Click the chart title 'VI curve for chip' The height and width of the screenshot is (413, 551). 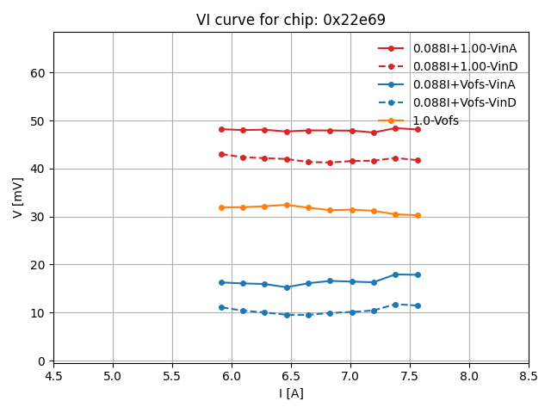[290, 20]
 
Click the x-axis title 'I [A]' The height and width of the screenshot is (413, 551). [291, 393]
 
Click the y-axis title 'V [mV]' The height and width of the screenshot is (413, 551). [18, 197]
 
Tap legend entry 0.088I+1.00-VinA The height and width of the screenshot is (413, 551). [464, 48]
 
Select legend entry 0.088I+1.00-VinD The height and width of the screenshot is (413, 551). [464, 66]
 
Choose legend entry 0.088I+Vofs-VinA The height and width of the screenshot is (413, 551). [464, 84]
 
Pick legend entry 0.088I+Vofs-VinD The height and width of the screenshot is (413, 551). [464, 102]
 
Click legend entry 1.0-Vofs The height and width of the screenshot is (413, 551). [436, 120]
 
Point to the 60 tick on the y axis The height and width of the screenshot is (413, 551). [38, 73]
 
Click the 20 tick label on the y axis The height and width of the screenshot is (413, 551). [38, 265]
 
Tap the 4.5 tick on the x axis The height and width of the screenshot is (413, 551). [53, 376]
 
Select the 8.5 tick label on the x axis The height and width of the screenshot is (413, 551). [529, 376]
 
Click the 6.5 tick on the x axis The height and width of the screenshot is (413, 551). [291, 376]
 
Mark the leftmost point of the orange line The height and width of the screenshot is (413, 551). [221, 207]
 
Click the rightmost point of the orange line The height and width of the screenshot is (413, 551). [418, 215]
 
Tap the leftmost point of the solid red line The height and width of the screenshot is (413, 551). [221, 129]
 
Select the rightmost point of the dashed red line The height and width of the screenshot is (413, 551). [418, 160]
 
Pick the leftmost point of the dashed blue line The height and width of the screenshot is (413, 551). [221, 307]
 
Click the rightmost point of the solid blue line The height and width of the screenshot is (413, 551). [418, 274]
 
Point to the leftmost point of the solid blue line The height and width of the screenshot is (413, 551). [221, 282]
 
